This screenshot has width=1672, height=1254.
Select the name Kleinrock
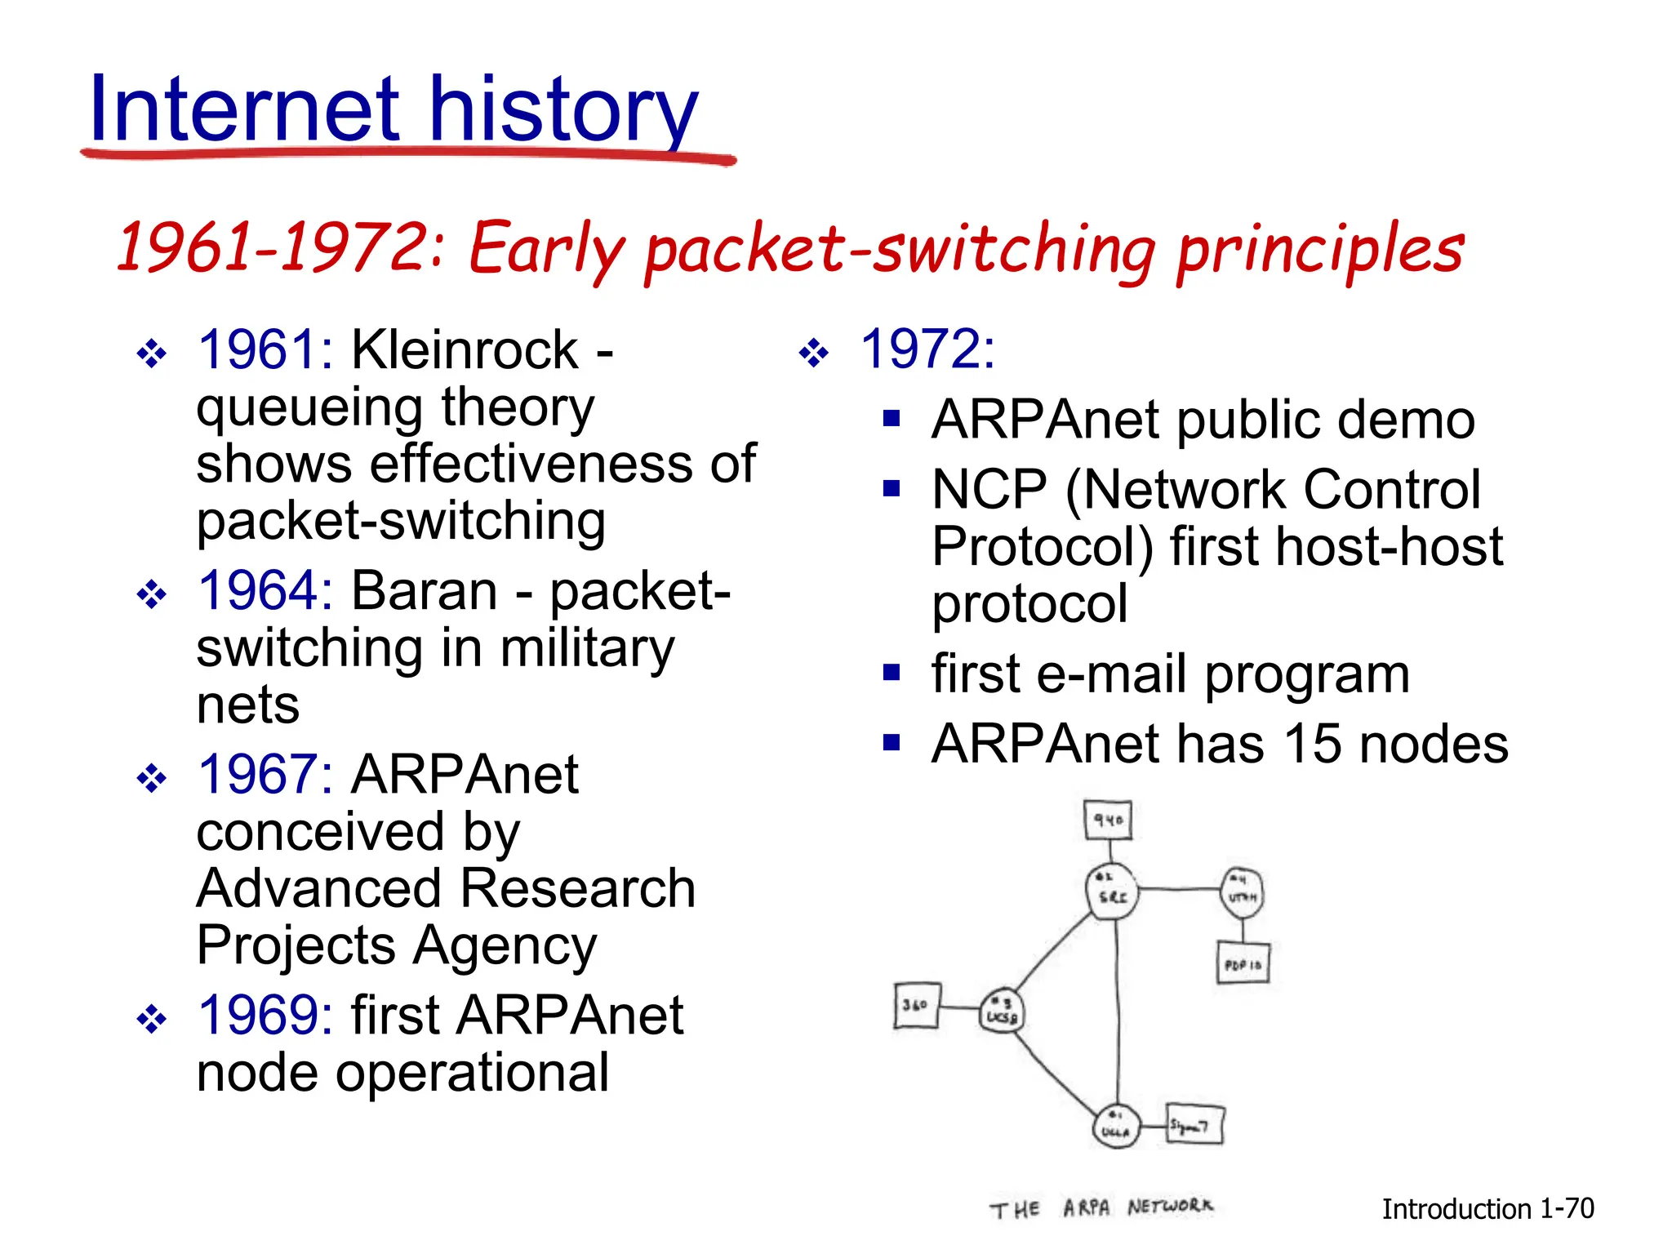point(465,349)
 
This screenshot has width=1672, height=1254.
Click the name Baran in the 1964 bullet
point(424,590)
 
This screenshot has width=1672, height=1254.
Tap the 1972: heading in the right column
point(927,349)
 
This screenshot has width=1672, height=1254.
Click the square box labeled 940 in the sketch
point(1108,820)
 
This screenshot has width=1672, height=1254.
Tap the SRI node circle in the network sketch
point(1112,891)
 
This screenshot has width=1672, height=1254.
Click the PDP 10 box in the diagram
point(1243,963)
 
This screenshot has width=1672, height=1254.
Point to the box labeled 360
point(916,1005)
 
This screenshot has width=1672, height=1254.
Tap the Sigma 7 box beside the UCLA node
point(1194,1125)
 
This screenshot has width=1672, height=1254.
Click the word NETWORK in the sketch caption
point(1170,1206)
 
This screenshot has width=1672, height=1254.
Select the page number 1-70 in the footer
point(1567,1208)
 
